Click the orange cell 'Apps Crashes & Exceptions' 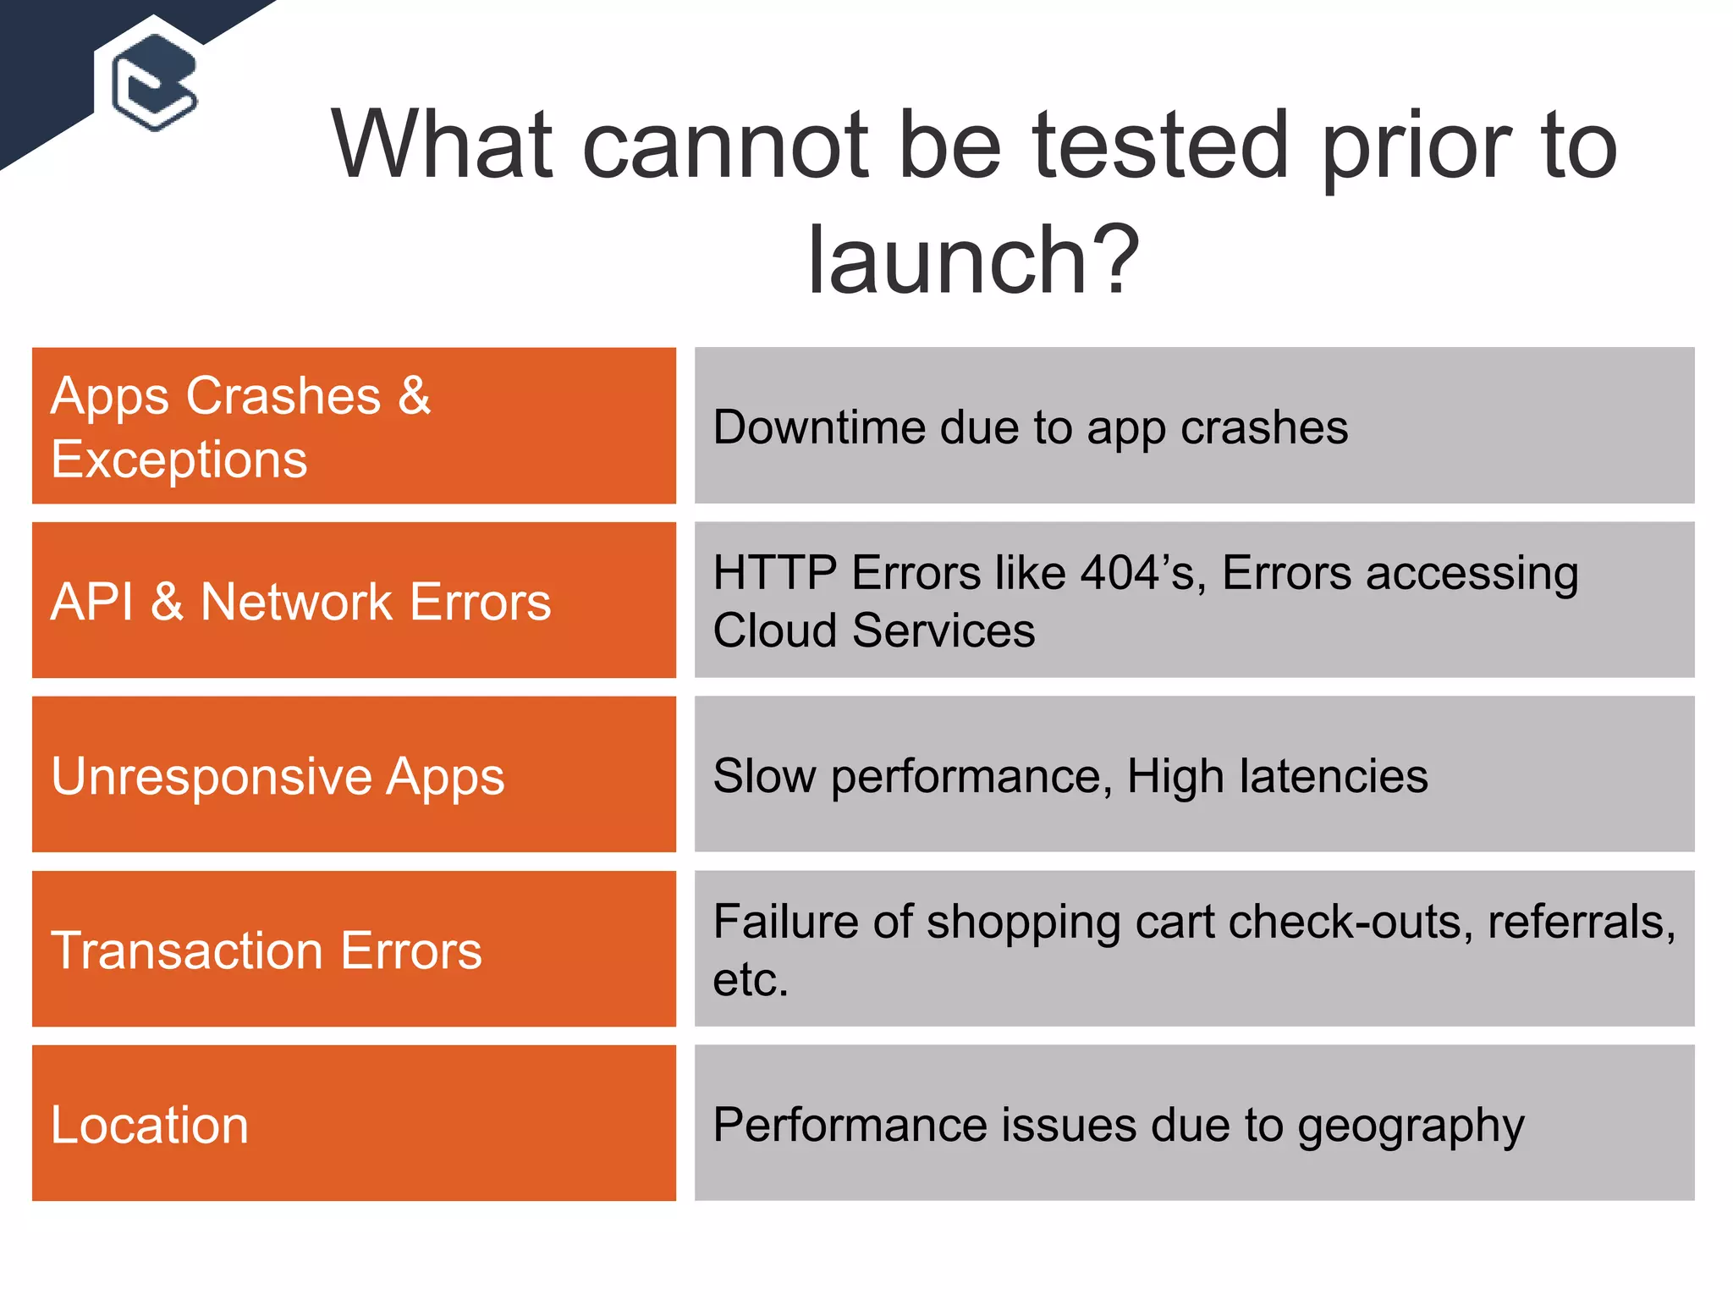coord(354,426)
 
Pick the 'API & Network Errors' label coord(300,602)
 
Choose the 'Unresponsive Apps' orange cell coord(278,776)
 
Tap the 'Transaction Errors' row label coord(266,950)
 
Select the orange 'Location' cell coord(150,1125)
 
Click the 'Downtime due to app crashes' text coord(1030,427)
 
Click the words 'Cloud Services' coord(873,631)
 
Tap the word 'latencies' coord(1334,776)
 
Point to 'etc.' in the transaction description coord(751,980)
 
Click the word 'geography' coord(1411,1126)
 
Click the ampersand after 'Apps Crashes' coord(414,395)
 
